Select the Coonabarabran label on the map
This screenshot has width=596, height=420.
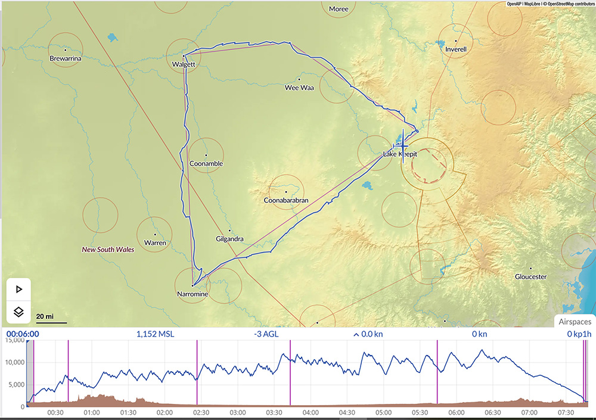click(286, 200)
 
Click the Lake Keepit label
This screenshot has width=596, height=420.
click(400, 154)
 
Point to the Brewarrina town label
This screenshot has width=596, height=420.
click(66, 58)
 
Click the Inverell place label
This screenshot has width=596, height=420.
click(456, 49)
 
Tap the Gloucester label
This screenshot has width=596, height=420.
click(530, 276)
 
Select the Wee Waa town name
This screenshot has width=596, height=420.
click(299, 88)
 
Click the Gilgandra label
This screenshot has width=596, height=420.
click(229, 239)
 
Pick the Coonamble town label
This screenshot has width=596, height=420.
click(205, 163)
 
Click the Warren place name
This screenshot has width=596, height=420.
click(155, 242)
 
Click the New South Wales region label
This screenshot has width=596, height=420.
click(108, 250)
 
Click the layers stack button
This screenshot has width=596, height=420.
click(18, 312)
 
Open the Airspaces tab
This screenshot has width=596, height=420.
click(575, 321)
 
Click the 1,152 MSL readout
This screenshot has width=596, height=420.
click(156, 334)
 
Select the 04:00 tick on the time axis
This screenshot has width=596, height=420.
click(311, 412)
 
